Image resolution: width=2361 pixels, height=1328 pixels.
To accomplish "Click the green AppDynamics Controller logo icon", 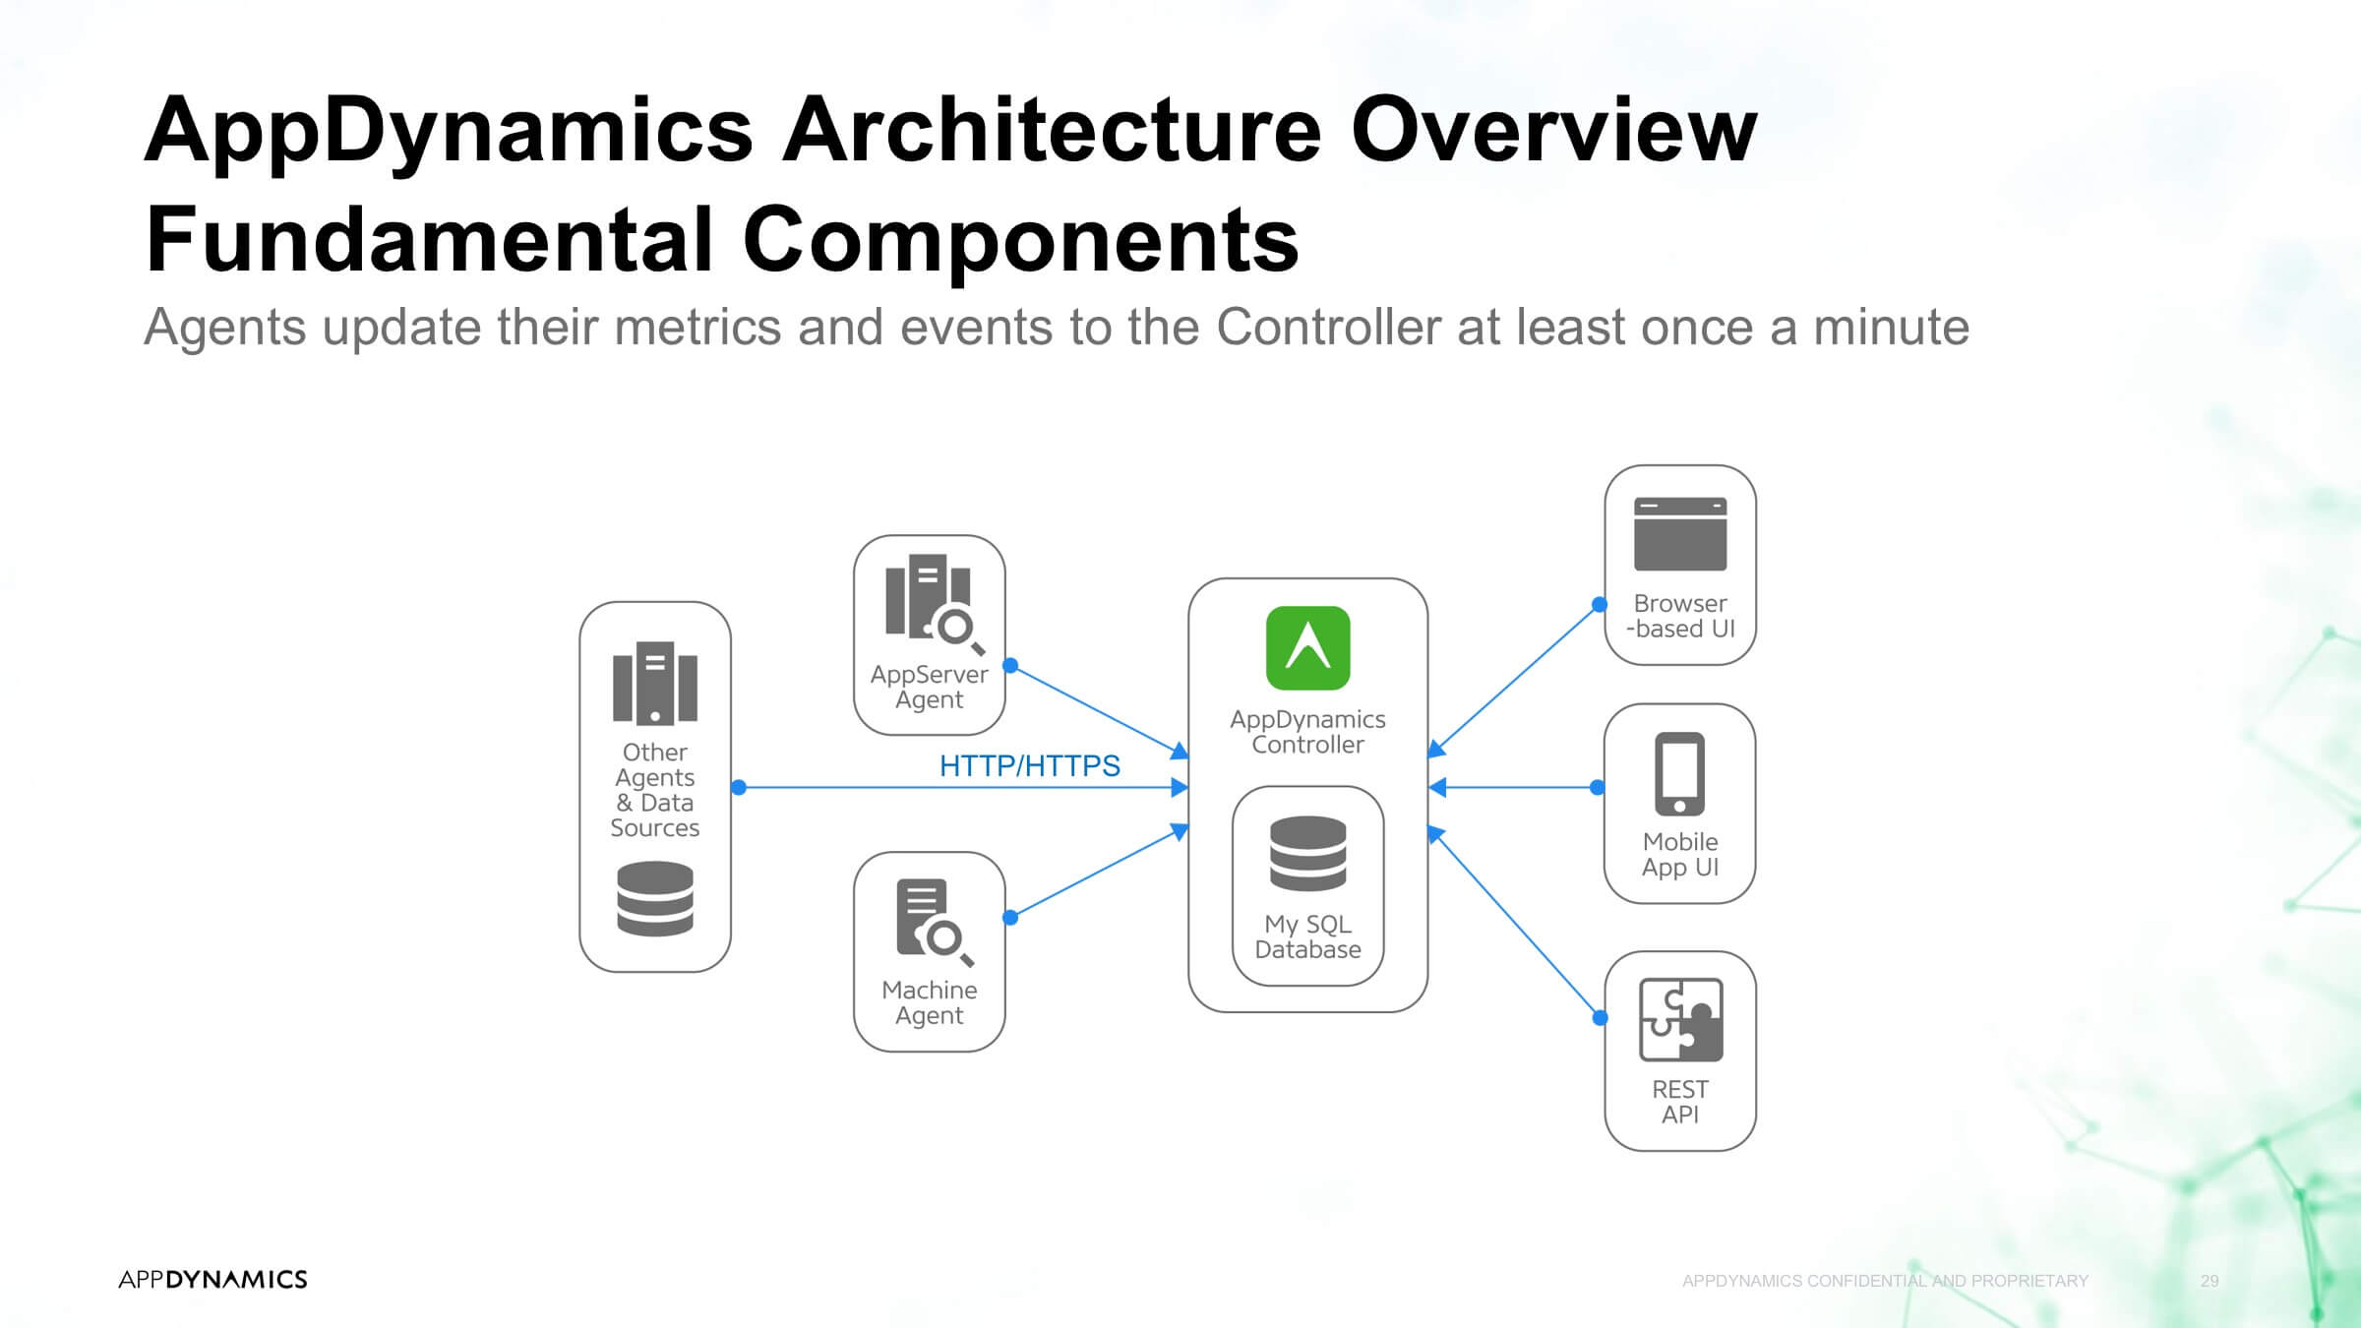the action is tap(1307, 648).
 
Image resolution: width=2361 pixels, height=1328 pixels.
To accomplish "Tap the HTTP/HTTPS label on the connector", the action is tap(1029, 765).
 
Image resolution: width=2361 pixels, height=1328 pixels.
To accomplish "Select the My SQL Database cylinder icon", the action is tap(1307, 854).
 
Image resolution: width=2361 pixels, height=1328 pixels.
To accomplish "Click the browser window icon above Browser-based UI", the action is tap(1680, 534).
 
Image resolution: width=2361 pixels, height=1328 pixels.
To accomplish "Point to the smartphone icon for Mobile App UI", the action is tap(1680, 774).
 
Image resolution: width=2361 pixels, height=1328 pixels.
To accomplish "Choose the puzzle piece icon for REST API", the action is tap(1681, 1020).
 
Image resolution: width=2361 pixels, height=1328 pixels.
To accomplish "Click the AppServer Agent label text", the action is tap(929, 687).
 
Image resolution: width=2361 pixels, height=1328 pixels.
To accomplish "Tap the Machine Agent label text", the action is tap(929, 1002).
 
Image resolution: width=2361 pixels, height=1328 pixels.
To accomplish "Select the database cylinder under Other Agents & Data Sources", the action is tap(655, 899).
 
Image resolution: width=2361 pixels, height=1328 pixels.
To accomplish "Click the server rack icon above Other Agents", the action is tap(655, 683).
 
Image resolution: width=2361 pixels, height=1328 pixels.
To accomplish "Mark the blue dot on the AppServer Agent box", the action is tap(1010, 665).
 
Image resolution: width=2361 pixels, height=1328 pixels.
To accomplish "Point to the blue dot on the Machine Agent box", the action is tap(1010, 918).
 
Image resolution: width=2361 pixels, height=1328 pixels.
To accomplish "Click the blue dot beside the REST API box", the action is tap(1601, 1018).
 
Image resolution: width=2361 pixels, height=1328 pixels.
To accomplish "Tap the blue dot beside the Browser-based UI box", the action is tap(1600, 604).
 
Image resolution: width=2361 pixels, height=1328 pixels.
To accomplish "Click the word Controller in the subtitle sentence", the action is tap(1329, 327).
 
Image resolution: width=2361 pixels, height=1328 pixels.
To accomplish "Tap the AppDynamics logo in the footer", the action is tap(212, 1279).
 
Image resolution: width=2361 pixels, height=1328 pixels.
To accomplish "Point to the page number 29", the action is tap(2210, 1281).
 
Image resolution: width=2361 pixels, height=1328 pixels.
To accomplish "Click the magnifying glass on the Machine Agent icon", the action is tap(947, 941).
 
